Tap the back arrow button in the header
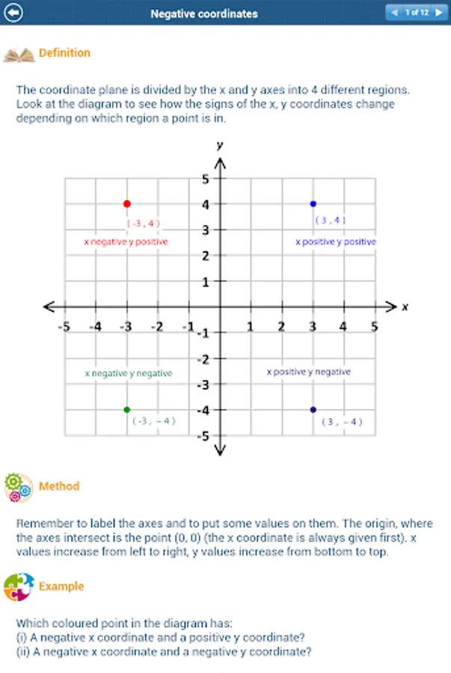(13, 13)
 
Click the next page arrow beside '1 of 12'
(439, 13)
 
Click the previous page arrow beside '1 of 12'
(394, 13)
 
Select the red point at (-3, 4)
(127, 204)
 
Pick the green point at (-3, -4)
(126, 410)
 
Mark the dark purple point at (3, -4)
(313, 410)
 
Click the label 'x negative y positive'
(126, 242)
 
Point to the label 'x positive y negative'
(309, 372)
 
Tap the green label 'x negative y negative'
(129, 373)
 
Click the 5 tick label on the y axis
(206, 179)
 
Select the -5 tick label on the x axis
(64, 327)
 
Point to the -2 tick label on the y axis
(203, 359)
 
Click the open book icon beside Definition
(19, 55)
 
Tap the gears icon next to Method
(19, 487)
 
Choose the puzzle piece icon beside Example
(19, 587)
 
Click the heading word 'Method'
(59, 486)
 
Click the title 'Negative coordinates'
(204, 13)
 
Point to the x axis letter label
(405, 307)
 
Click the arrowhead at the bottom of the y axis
(220, 450)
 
